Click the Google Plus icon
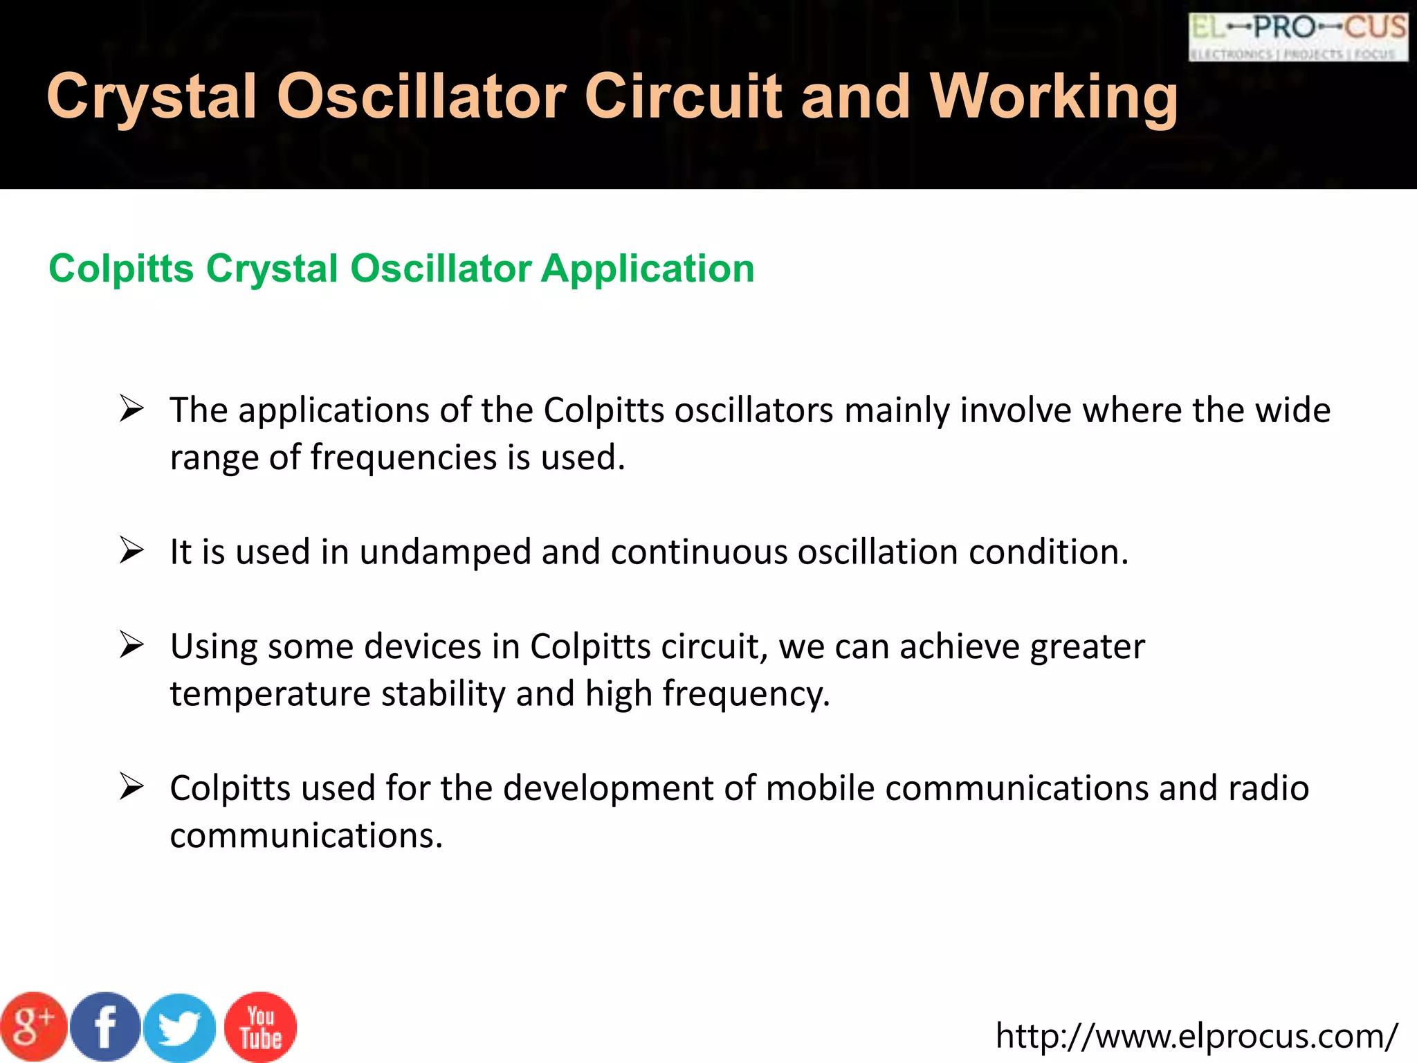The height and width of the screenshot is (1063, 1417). pyautogui.click(x=33, y=1027)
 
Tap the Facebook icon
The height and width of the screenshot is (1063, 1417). pyautogui.click(x=105, y=1027)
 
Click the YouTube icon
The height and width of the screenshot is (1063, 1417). pyautogui.click(x=261, y=1027)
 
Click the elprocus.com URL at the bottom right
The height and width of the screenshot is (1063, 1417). pyautogui.click(x=1196, y=1037)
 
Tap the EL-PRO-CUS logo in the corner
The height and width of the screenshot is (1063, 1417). pyautogui.click(x=1298, y=37)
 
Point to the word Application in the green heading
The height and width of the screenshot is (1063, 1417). pyautogui.click(x=648, y=269)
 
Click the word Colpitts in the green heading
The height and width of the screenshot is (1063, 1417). pyautogui.click(x=121, y=269)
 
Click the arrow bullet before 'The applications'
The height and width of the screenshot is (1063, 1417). pyautogui.click(x=131, y=408)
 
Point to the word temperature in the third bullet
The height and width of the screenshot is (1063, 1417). pyautogui.click(x=270, y=694)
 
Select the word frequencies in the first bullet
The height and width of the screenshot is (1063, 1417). pyautogui.click(x=403, y=458)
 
